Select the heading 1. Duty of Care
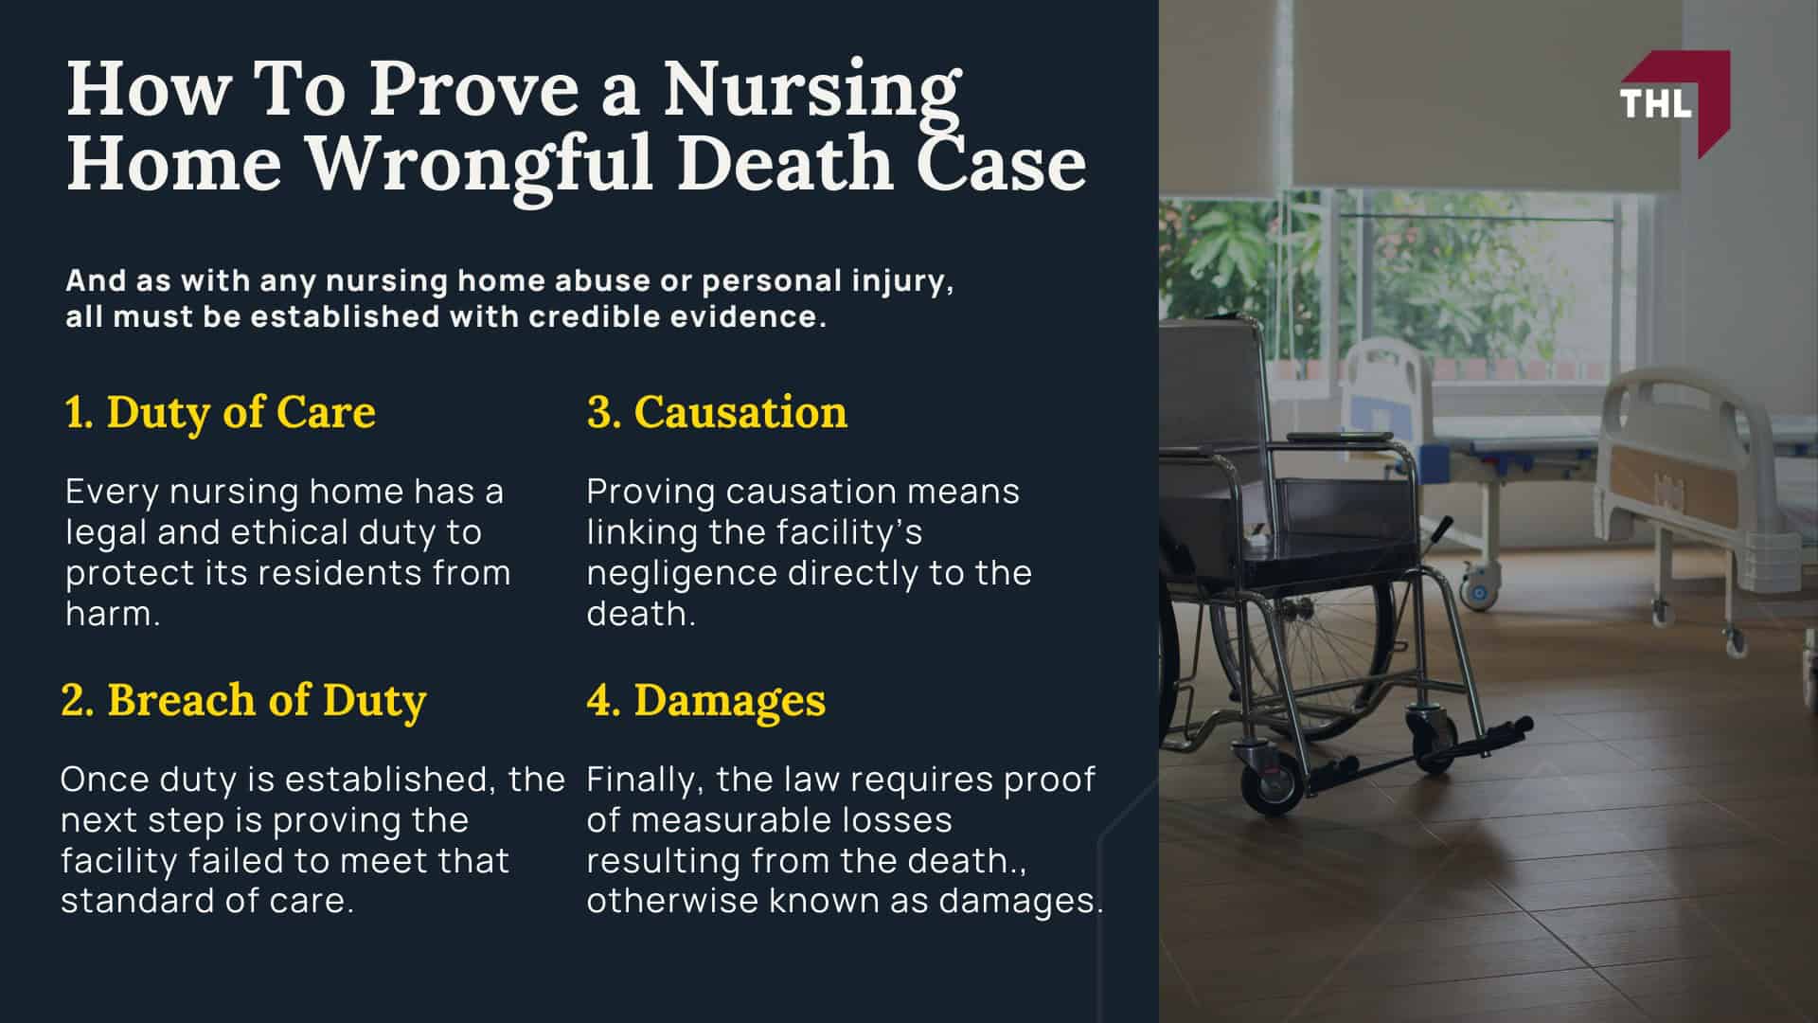pos(220,412)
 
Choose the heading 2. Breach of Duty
pos(243,700)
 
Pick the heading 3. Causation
pos(717,412)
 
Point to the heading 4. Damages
pos(705,700)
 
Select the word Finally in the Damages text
pos(646,780)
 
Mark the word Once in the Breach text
pos(103,780)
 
